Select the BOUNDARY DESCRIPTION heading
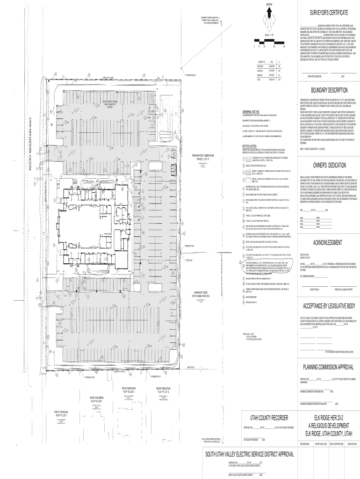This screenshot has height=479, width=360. (x=327, y=91)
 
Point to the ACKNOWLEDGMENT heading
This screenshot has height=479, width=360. (x=327, y=243)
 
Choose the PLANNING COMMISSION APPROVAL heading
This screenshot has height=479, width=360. (x=327, y=366)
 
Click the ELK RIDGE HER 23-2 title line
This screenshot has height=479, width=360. (x=327, y=417)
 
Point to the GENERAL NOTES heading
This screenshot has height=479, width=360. (x=254, y=112)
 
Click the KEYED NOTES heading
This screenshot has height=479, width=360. (x=252, y=146)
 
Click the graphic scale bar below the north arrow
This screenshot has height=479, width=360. (x=267, y=45)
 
